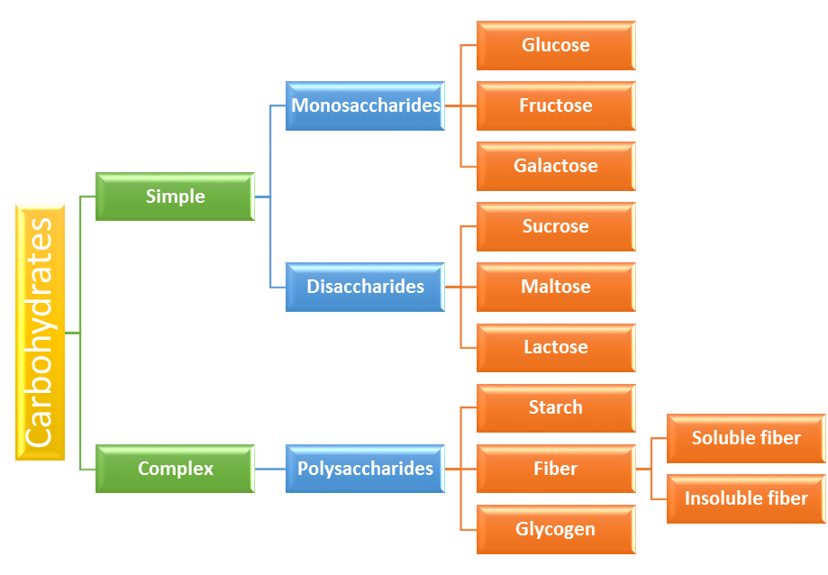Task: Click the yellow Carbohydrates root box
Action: (41, 333)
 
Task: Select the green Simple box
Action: (175, 196)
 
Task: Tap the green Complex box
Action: (175, 469)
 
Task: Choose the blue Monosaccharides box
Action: (365, 105)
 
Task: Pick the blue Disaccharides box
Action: (365, 287)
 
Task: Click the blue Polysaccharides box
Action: (365, 469)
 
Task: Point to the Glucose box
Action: (556, 45)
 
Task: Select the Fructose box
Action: (556, 105)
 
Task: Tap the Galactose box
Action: (556, 166)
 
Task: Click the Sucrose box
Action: (556, 226)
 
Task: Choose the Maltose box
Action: (556, 287)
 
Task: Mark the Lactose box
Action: (556, 347)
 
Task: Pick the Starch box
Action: (556, 407)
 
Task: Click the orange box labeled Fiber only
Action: (556, 469)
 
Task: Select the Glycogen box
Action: (556, 529)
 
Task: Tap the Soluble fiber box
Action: (746, 438)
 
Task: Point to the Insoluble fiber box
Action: (746, 498)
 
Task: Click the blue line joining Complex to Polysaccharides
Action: (270, 469)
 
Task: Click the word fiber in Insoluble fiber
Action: (787, 497)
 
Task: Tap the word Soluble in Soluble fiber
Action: (721, 438)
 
